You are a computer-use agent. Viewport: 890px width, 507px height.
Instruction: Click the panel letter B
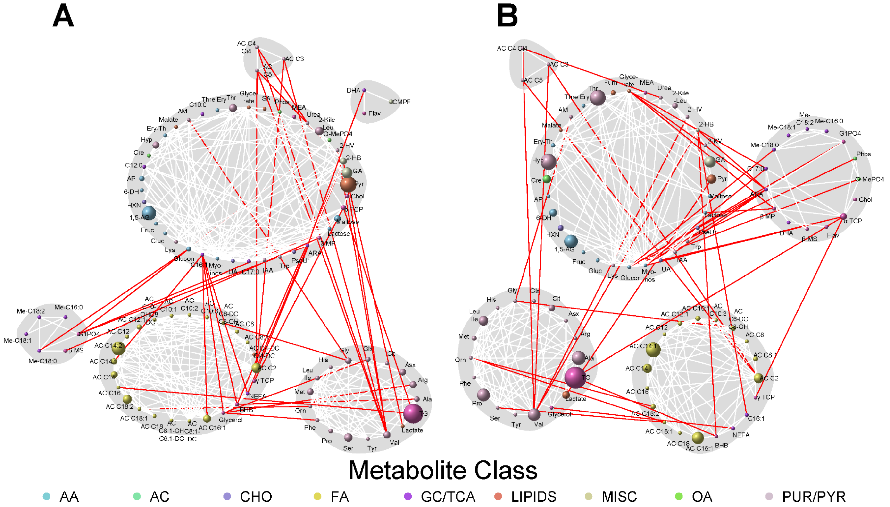[507, 16]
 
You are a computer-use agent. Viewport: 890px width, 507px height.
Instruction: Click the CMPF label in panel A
[401, 102]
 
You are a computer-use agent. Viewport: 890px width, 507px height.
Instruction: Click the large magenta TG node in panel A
[413, 413]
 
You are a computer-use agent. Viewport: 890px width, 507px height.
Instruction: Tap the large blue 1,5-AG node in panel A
[149, 213]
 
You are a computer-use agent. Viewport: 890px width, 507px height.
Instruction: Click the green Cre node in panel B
[547, 179]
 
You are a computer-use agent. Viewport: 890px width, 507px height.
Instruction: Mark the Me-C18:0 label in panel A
[42, 361]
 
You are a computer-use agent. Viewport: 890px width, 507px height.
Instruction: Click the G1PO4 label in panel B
[850, 133]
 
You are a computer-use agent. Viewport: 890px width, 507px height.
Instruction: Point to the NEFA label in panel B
[741, 435]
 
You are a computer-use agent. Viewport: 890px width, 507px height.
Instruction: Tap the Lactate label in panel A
[413, 430]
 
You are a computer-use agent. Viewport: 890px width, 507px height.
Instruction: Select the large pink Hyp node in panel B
[549, 162]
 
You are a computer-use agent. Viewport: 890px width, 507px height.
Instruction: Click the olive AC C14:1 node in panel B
[653, 350]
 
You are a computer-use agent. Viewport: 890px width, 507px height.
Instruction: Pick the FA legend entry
[340, 497]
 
